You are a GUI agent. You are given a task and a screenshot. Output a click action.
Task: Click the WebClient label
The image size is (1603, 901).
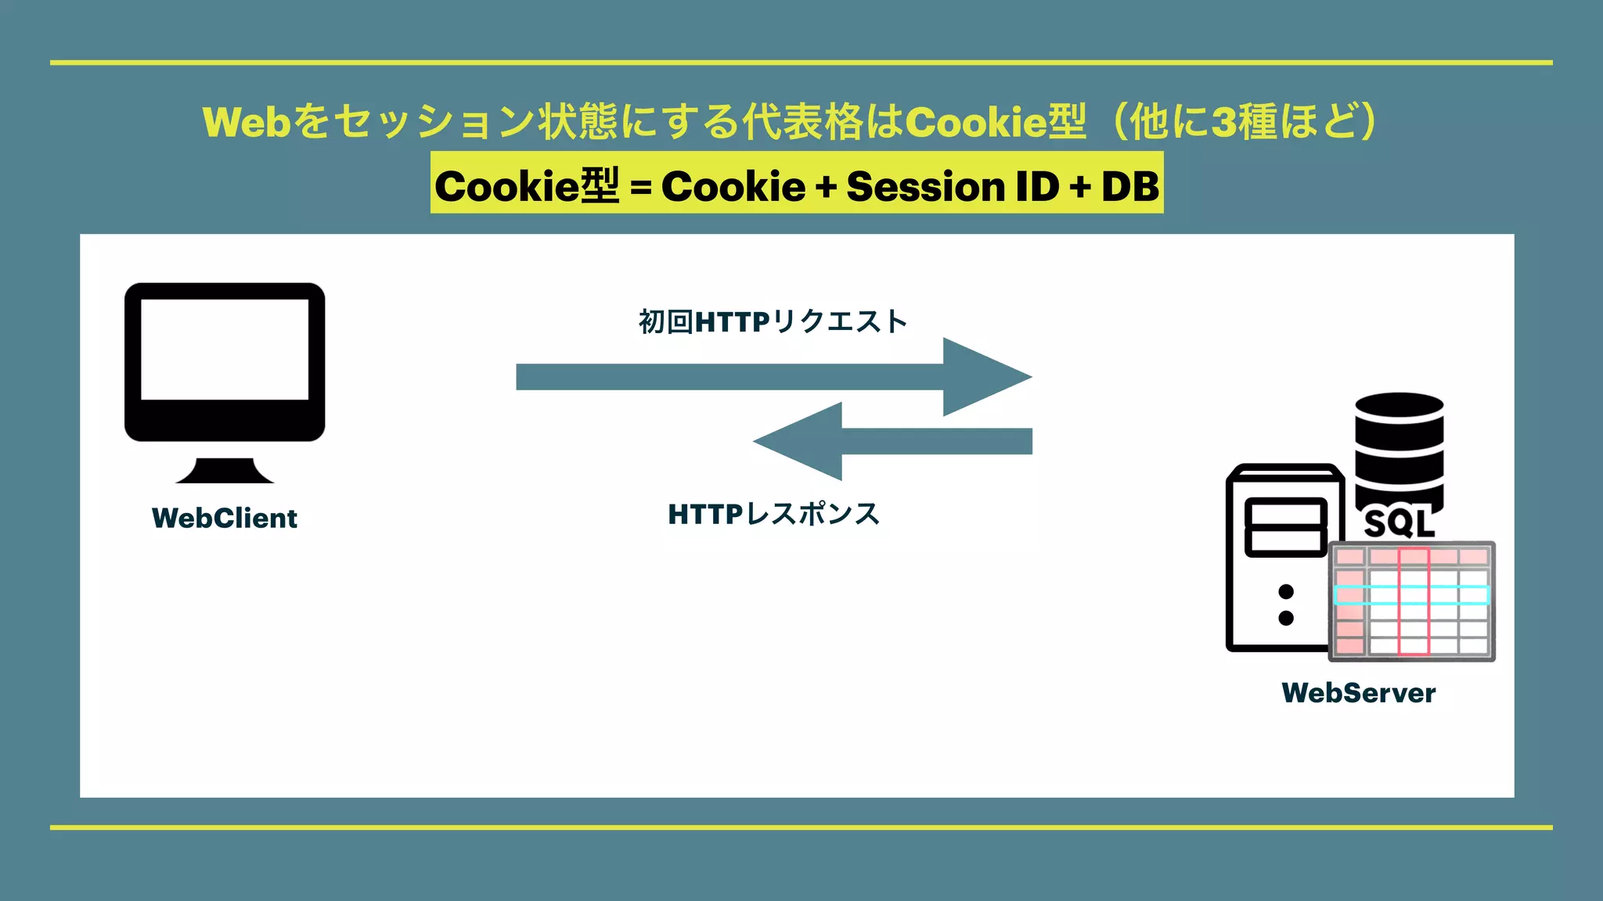coord(225,519)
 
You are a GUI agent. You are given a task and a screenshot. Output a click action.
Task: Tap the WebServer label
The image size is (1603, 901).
coord(1359,693)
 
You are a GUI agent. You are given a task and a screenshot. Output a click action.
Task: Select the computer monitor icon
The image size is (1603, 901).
coord(225,361)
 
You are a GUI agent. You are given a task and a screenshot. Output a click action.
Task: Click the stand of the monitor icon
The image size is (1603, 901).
coord(225,471)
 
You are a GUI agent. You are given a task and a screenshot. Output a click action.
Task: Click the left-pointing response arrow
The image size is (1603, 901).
coord(892,441)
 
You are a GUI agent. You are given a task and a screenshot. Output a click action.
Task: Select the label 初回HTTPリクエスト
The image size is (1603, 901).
coord(773,321)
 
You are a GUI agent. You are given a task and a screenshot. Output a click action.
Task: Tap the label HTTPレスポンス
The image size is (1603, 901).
coord(774,514)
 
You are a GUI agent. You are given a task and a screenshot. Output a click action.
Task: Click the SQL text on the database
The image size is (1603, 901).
coord(1399,523)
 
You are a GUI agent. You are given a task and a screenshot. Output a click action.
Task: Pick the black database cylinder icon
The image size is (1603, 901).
coord(1399,446)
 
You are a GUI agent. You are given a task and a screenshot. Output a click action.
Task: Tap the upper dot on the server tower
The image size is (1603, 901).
coord(1286,591)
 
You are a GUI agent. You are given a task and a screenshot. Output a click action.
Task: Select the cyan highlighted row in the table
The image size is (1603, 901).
coord(1411,595)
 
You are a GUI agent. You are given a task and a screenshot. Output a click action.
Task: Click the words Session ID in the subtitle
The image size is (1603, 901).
coord(953,186)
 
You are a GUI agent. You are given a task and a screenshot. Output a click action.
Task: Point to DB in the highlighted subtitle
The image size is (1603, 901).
coord(1129,186)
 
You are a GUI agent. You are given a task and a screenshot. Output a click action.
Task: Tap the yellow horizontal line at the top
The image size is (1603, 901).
coord(801,63)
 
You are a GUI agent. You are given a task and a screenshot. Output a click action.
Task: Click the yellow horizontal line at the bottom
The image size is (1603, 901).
coord(801,827)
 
